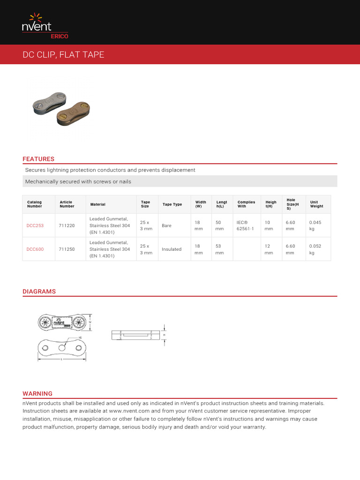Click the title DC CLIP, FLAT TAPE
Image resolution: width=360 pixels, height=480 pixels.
point(64,55)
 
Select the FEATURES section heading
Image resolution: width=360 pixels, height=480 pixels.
point(38,159)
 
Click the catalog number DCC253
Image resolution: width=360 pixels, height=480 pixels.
point(35,225)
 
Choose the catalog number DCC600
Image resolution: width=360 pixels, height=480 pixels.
point(35,249)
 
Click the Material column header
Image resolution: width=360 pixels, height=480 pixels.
point(98,204)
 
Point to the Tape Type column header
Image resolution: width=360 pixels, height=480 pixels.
point(172,204)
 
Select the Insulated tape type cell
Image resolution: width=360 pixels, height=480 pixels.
point(172,249)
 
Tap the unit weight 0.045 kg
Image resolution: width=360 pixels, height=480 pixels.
point(315,225)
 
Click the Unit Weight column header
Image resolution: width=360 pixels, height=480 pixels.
point(316,204)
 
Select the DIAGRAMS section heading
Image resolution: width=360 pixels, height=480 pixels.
point(39,291)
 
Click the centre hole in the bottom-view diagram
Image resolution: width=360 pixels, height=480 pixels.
point(62,347)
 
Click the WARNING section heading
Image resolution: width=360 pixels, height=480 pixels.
point(37,393)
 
